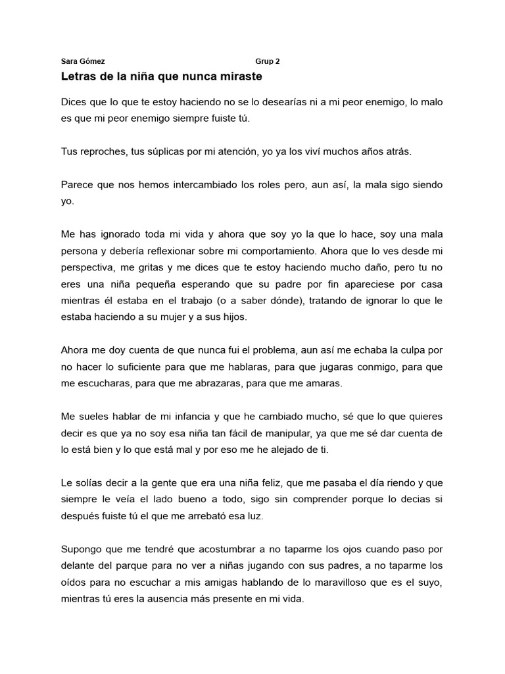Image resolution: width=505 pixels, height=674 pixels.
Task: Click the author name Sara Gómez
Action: click(x=82, y=61)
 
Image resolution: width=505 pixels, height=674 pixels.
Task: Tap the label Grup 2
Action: click(x=268, y=61)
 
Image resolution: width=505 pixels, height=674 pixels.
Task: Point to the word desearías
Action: click(x=287, y=102)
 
